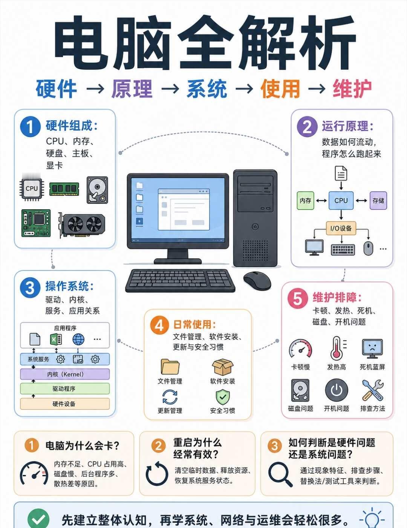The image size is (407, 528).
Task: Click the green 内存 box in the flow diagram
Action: pyautogui.click(x=305, y=201)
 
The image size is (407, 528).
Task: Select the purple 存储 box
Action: pyautogui.click(x=378, y=201)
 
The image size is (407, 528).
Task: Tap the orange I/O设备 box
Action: pyautogui.click(x=341, y=228)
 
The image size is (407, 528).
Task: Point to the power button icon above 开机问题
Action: pyautogui.click(x=337, y=390)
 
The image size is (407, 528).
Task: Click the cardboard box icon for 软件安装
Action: pyautogui.click(x=223, y=367)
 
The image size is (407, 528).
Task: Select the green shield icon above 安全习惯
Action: pyautogui.click(x=223, y=397)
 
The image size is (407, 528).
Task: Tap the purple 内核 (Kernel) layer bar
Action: pyautogui.click(x=65, y=374)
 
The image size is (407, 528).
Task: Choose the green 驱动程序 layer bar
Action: pyautogui.click(x=65, y=388)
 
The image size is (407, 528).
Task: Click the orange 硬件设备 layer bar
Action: pyautogui.click(x=65, y=404)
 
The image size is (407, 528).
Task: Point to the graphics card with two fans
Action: pyautogui.click(x=82, y=225)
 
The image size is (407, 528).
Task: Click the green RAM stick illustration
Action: pyautogui.click(x=64, y=189)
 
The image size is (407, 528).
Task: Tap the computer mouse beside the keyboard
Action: pyautogui.click(x=257, y=280)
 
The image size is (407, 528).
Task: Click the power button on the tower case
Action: pyautogui.click(x=255, y=227)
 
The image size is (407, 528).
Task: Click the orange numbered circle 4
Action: pyautogui.click(x=159, y=325)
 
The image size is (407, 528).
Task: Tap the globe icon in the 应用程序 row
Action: pyautogui.click(x=78, y=339)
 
